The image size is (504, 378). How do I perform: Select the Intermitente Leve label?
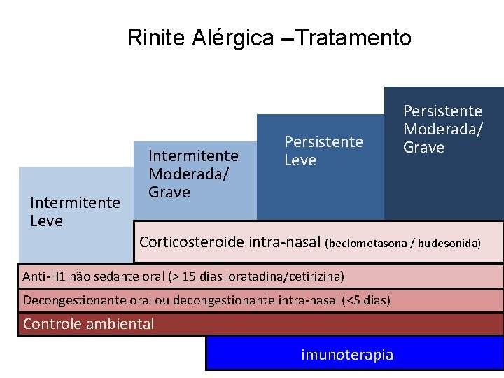[x=75, y=211]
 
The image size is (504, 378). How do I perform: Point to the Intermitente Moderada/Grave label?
[x=193, y=173]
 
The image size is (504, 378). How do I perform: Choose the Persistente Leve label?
[x=323, y=150]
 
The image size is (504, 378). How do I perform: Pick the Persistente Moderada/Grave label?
[x=442, y=129]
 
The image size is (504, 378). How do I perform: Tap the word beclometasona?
[x=370, y=243]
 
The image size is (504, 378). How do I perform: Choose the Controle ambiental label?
[x=88, y=324]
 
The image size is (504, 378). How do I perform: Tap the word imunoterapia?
[x=347, y=355]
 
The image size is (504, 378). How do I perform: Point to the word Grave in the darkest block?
[x=423, y=147]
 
